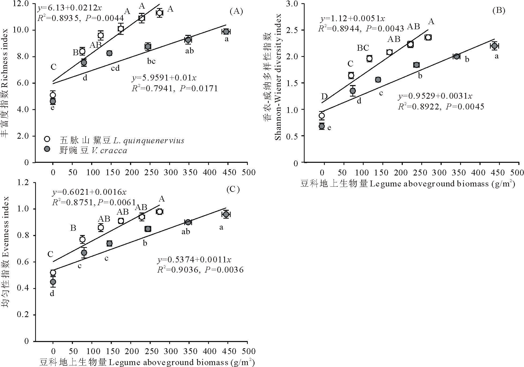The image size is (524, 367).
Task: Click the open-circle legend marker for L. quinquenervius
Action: (x=47, y=139)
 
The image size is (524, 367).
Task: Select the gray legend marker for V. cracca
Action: (x=47, y=149)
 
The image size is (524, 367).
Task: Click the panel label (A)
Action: (x=236, y=11)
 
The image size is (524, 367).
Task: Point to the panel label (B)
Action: (x=499, y=10)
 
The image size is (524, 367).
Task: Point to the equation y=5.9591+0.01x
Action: (x=164, y=78)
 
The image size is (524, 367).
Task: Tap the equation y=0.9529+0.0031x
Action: (x=435, y=96)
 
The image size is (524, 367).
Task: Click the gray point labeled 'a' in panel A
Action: (x=226, y=32)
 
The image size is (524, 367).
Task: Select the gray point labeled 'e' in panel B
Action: (x=322, y=126)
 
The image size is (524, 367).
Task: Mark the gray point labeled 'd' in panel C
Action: (x=53, y=282)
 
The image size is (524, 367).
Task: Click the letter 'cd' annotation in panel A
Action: (x=115, y=68)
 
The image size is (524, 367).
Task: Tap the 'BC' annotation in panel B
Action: (x=363, y=48)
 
